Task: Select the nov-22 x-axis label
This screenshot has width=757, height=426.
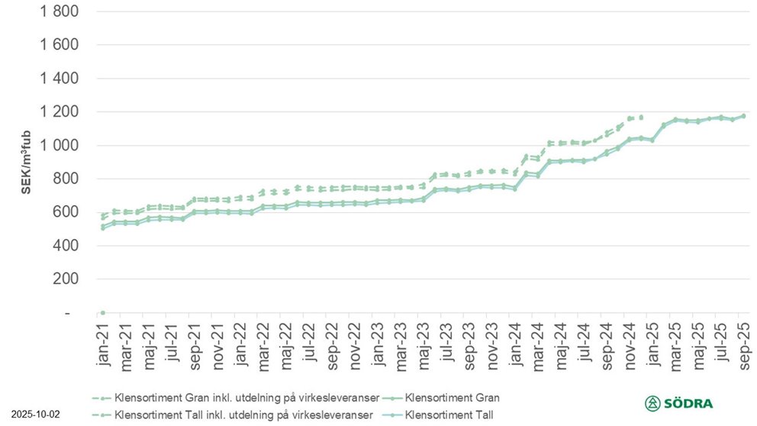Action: coord(355,345)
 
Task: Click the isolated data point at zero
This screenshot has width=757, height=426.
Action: coord(103,312)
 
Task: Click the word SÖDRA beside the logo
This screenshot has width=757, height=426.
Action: coord(693,403)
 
